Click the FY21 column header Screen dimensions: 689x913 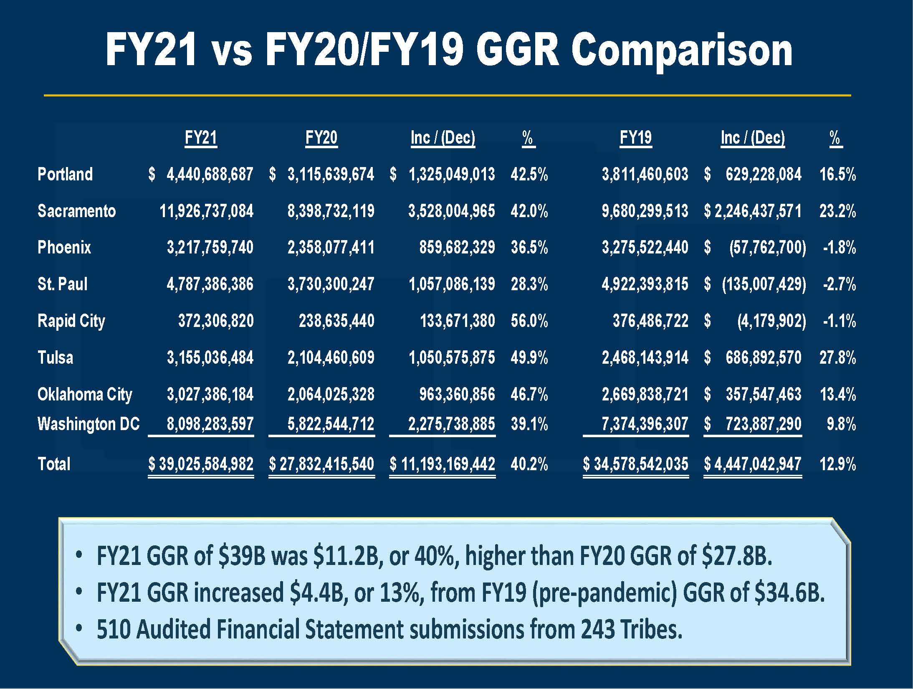coord(201,138)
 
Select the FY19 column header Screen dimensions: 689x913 coord(635,138)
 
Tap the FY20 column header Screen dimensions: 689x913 coord(321,138)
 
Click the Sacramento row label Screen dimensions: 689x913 coord(76,211)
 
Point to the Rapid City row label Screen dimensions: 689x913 coord(71,321)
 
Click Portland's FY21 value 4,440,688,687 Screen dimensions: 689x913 coord(210,174)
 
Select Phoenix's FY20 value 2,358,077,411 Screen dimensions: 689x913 coord(331,248)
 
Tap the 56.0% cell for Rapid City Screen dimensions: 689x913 coord(529,321)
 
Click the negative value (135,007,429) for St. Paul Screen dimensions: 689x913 coord(764,284)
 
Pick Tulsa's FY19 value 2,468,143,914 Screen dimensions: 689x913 coord(645,358)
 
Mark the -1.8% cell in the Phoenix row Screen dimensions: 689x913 coord(839,248)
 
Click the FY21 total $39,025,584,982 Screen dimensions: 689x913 coord(201,464)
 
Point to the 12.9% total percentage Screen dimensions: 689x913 coord(837,464)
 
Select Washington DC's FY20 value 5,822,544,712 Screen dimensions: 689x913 coord(331,424)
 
